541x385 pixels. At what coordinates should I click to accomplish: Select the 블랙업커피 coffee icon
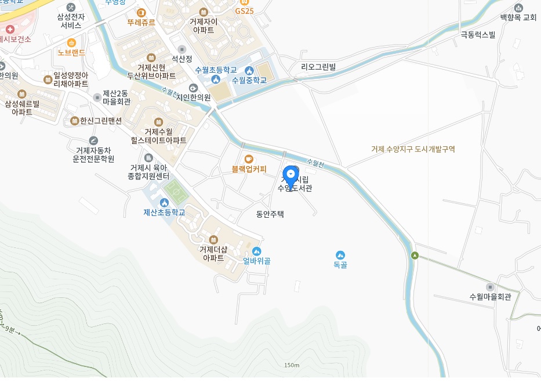coord(249,159)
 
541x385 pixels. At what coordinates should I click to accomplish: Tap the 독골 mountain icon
coord(340,255)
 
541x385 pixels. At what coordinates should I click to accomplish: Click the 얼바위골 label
coord(257,261)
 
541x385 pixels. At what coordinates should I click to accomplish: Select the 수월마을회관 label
coord(491,297)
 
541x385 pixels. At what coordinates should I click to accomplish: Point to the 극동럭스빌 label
coord(478,35)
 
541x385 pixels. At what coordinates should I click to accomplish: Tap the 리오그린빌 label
coord(318,67)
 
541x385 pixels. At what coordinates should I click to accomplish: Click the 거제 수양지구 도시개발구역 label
coord(413,149)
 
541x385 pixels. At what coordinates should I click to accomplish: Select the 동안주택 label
coord(270,214)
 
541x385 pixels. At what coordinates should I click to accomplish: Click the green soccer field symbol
coord(173,189)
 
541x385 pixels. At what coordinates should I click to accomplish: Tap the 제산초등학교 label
coord(164,213)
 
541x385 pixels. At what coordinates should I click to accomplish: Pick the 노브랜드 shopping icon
coord(72,42)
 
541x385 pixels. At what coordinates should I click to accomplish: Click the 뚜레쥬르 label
coord(141,23)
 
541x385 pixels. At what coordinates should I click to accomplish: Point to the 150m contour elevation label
coord(292,365)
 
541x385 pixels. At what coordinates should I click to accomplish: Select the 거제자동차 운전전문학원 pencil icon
coord(93,141)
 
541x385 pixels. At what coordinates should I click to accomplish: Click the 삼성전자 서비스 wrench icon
coord(71,7)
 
